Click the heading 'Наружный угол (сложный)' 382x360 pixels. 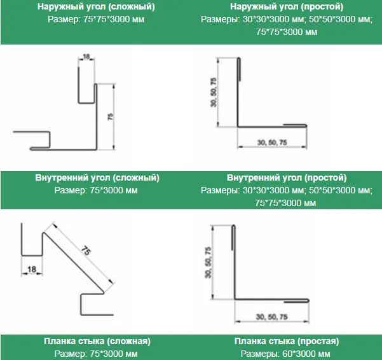pyautogui.click(x=96, y=7)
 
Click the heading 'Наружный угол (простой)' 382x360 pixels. pyautogui.click(x=287, y=7)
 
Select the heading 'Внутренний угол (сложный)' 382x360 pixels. pyautogui.click(x=97, y=177)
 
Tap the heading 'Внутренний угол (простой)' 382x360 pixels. pyautogui.click(x=287, y=177)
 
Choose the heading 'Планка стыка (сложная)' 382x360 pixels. pyautogui.click(x=97, y=341)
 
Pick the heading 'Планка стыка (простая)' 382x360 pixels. pyautogui.click(x=287, y=341)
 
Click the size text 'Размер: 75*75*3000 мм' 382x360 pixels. pyautogui.click(x=96, y=19)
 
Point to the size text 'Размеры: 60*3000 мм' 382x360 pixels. pyautogui.click(x=285, y=354)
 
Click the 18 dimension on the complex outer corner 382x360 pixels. pyautogui.click(x=86, y=57)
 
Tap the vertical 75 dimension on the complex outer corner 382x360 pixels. pyautogui.click(x=111, y=116)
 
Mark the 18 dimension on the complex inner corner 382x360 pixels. pyautogui.click(x=32, y=269)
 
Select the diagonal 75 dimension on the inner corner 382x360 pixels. pyautogui.click(x=86, y=251)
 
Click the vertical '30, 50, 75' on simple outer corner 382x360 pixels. pyautogui.click(x=214, y=92)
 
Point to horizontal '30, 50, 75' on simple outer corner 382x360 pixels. pyautogui.click(x=272, y=142)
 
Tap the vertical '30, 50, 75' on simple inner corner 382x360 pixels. pyautogui.click(x=208, y=263)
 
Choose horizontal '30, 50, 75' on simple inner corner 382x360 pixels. pyautogui.click(x=272, y=317)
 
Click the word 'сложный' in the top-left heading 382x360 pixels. pyautogui.click(x=132, y=7)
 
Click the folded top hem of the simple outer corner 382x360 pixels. pyautogui.click(x=239, y=69)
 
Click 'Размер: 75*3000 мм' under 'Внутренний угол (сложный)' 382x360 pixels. pyautogui.click(x=96, y=190)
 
